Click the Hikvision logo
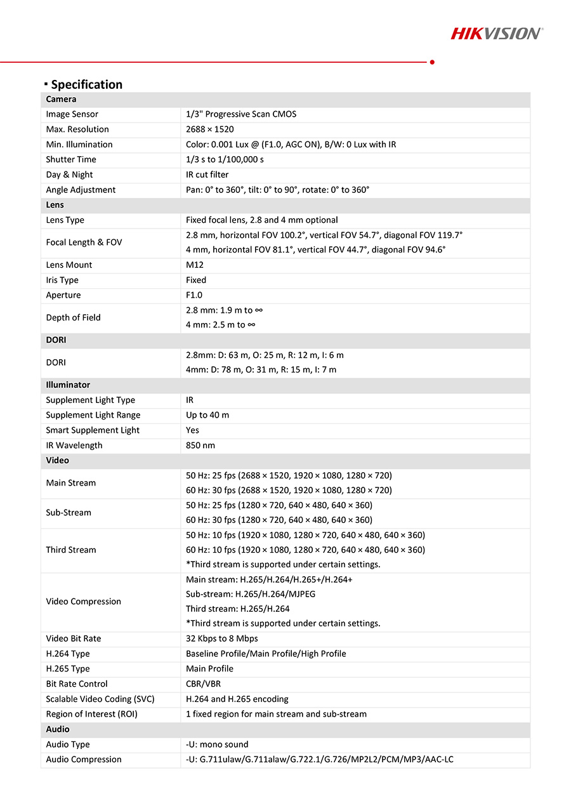pos(497,33)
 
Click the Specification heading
pos(86,84)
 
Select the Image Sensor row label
pos(72,114)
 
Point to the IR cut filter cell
pos(207,175)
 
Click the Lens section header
pos(55,205)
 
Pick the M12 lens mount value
pos(195,265)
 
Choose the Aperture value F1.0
pos(194,295)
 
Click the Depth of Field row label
pos(73,317)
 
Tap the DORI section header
pos(56,340)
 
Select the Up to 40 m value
pos(207,415)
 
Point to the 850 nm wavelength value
pos(200,446)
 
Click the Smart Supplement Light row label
pos(93,430)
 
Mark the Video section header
pos(57,460)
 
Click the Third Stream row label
pos(71,550)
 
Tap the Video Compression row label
pos(83,602)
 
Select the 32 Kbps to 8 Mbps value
pos(222,638)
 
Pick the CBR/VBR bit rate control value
pos(203,684)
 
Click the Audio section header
pos(58,729)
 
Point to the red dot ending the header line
pos(432,62)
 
